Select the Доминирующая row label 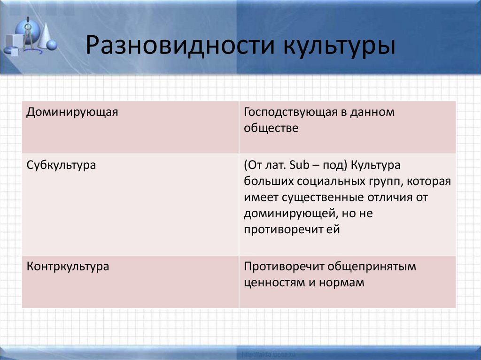(72, 113)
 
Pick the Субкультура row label (62, 166)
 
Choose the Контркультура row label (68, 267)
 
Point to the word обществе (271, 128)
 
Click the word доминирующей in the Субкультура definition (288, 214)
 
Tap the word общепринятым (372, 267)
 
